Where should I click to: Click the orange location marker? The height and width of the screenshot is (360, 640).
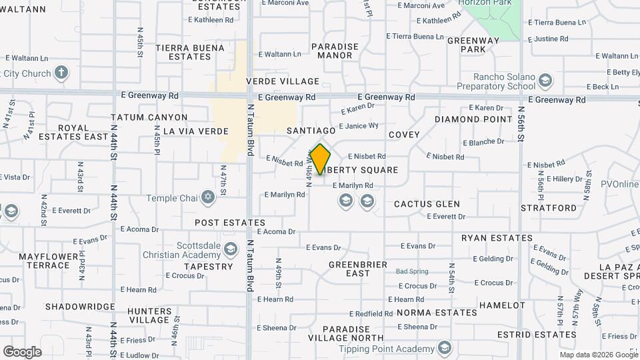coord(321,159)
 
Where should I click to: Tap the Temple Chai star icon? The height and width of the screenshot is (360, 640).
coord(208,198)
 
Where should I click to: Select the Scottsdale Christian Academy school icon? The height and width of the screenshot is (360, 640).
coord(231,249)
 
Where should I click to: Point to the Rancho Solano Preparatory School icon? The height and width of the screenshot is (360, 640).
coord(546,81)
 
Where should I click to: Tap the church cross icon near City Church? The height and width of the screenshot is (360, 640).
coord(61,73)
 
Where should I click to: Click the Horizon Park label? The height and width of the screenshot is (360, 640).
coord(493,3)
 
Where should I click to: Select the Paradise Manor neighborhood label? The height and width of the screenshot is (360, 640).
coord(335,51)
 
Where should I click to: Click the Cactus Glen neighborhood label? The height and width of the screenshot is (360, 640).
coord(427,204)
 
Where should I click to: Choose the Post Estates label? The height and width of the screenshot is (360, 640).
coord(230,223)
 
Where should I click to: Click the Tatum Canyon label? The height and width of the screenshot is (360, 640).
coord(149,117)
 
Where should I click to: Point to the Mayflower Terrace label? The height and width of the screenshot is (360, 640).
coord(44,261)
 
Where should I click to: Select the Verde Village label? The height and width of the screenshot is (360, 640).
coord(283,81)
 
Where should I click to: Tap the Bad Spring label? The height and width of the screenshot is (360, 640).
coord(412,271)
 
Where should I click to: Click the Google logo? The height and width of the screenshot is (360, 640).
coord(22,351)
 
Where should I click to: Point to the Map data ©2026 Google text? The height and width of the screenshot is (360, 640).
coord(598,355)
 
